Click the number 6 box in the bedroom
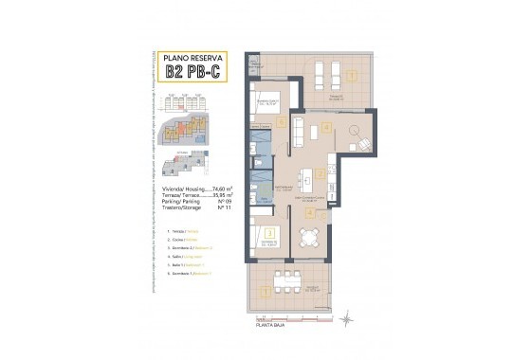282,123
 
